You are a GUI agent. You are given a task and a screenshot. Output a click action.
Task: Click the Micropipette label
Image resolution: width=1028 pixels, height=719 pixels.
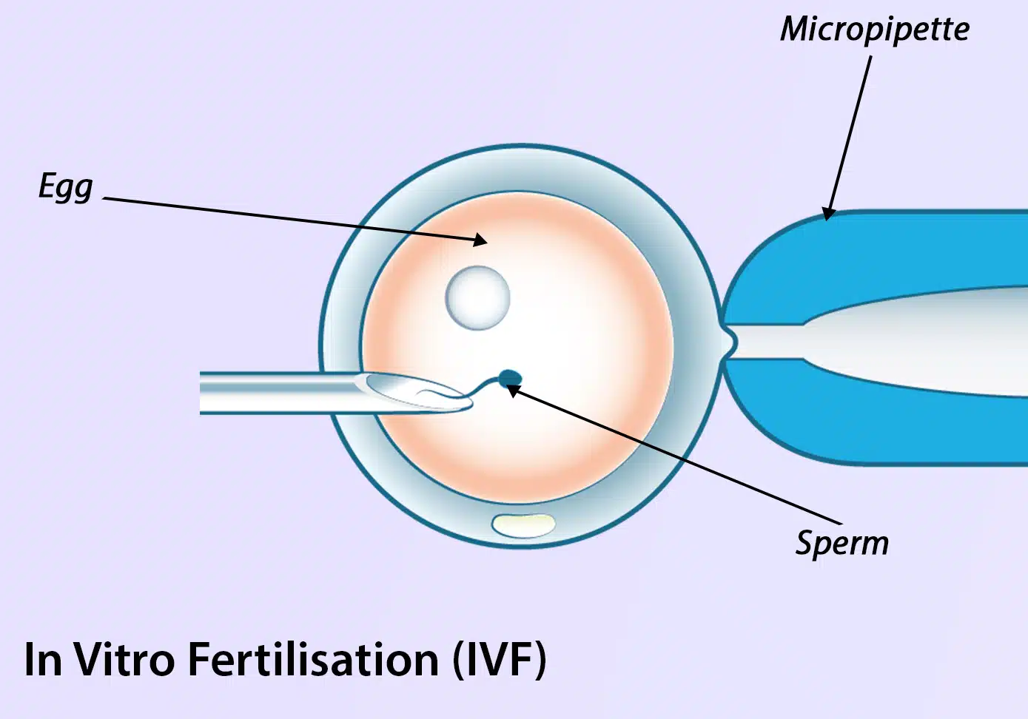875,30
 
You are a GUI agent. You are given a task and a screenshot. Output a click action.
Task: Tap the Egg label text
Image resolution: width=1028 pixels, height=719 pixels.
66,187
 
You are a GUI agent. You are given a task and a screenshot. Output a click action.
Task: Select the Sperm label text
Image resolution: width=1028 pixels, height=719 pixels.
841,544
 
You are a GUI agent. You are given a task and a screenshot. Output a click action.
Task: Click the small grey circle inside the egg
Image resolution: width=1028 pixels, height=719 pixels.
477,297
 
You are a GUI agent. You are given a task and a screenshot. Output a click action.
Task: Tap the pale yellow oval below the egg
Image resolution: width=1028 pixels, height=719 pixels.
524,525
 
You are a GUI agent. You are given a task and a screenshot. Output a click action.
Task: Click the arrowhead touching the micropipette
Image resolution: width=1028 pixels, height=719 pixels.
830,212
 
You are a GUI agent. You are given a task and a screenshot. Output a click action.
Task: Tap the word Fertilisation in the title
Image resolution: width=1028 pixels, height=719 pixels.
313,659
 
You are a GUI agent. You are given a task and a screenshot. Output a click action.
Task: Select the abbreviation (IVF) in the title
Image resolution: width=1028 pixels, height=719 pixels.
500,659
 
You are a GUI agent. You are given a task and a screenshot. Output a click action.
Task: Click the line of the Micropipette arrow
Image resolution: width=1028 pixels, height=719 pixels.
851,133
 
